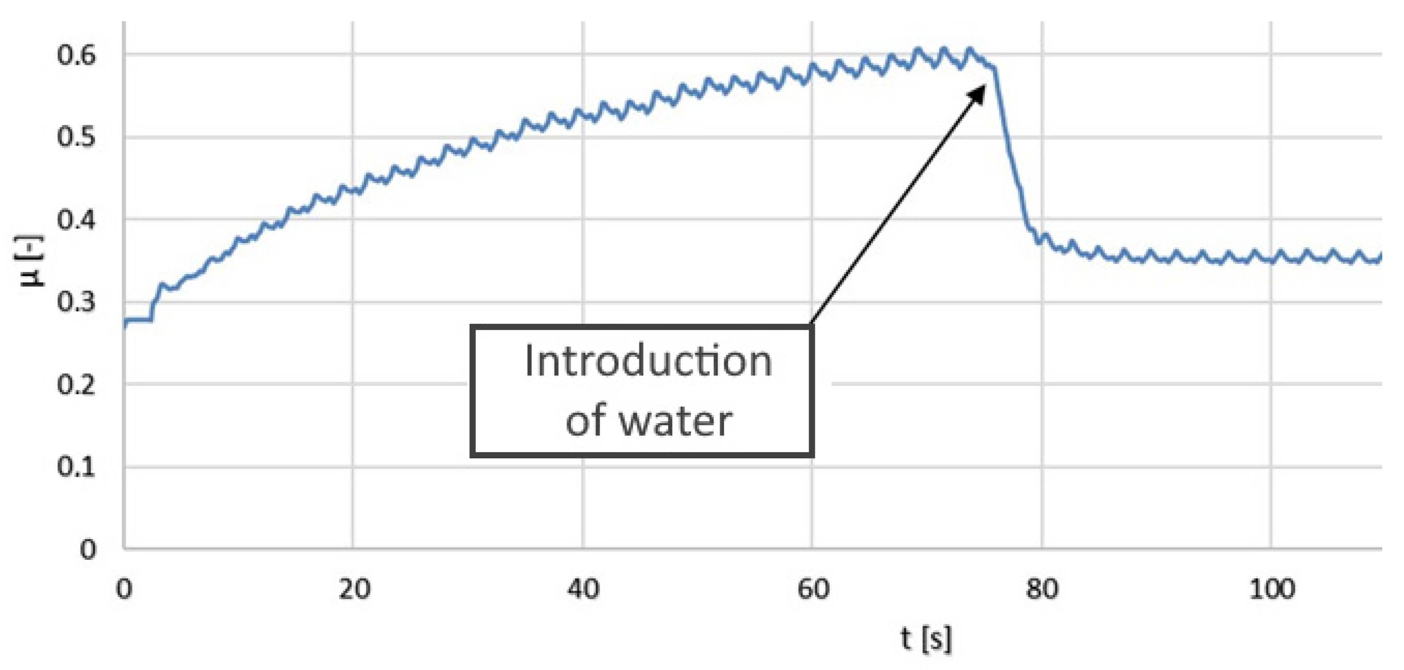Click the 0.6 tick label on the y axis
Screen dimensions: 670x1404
pos(77,55)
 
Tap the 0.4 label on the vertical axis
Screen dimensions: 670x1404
pos(77,220)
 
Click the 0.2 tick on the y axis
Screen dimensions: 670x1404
pos(77,384)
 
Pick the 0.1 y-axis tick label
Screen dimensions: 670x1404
pos(77,467)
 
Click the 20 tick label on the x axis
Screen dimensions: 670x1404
pos(354,589)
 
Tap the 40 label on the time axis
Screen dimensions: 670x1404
pos(583,589)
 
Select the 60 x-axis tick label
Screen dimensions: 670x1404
pos(813,589)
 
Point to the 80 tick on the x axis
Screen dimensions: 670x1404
pos(1042,589)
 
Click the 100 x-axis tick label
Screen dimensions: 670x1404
pos(1272,589)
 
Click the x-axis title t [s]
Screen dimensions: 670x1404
pos(927,638)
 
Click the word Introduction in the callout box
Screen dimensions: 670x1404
pos(648,362)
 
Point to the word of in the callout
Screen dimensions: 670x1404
pos(586,422)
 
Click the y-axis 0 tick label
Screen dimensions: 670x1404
pos(87,549)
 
